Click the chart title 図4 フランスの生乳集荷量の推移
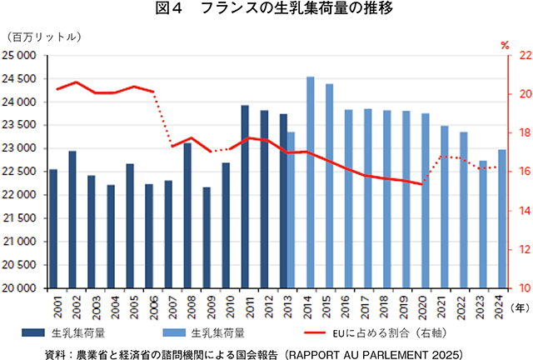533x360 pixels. [266, 11]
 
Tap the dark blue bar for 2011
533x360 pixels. [245, 196]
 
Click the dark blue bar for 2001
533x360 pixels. [53, 228]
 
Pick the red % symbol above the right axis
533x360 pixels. [505, 44]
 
